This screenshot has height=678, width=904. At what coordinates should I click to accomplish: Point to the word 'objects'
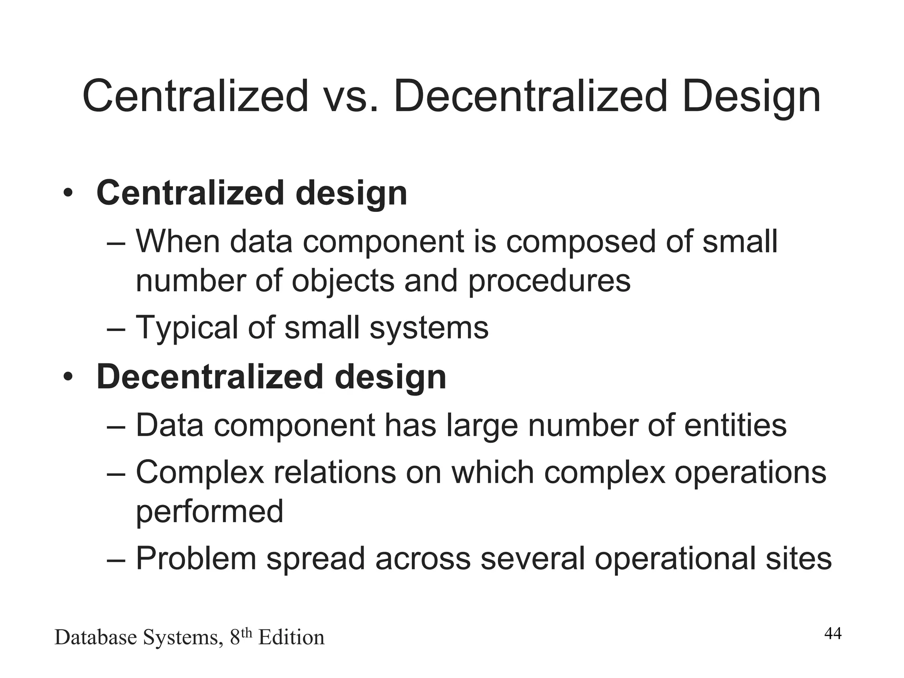(343, 281)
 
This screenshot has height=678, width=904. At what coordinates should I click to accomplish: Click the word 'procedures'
(549, 281)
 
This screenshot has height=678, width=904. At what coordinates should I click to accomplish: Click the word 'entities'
(735, 425)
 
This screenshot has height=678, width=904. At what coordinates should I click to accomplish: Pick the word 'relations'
(335, 472)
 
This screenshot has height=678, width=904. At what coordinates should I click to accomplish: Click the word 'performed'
(209, 512)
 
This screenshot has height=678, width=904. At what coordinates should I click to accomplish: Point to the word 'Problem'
(196, 558)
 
